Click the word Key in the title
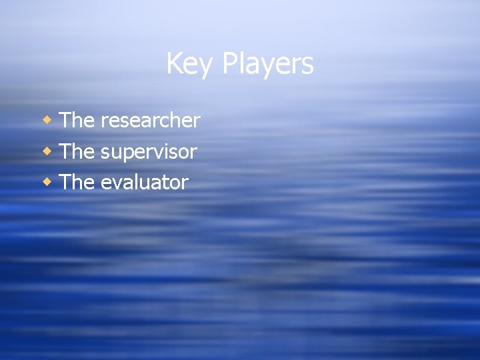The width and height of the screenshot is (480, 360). click(190, 64)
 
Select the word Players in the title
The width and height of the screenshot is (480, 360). click(267, 64)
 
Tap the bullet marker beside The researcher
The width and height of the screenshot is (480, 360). click(47, 120)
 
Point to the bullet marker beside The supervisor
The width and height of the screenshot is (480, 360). click(47, 151)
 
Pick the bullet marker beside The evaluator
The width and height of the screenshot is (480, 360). click(47, 182)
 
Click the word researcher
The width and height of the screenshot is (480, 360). click(150, 121)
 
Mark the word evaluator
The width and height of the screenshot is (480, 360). click(144, 183)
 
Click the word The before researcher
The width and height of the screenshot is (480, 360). click(77, 120)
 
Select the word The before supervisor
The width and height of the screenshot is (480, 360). click(77, 151)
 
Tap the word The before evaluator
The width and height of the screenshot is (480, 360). click(77, 182)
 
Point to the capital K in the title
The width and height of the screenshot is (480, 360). click(174, 63)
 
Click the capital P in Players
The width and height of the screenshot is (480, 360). click(230, 63)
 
